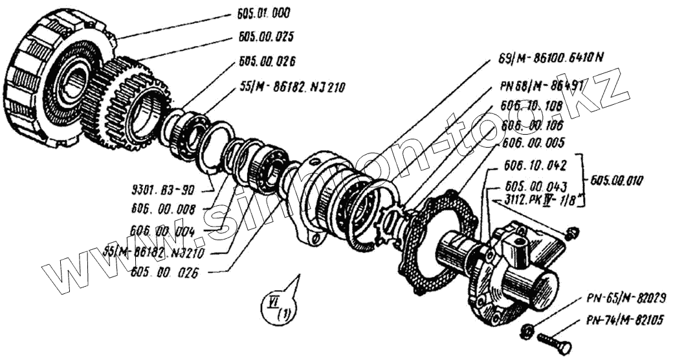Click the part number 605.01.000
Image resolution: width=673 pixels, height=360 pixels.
265,13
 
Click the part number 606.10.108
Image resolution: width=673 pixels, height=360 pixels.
534,105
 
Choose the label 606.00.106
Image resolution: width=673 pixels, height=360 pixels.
534,122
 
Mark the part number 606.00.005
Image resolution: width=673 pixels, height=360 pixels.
535,141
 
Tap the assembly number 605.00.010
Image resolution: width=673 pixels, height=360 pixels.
619,181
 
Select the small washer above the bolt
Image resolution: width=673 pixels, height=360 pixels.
528,331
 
